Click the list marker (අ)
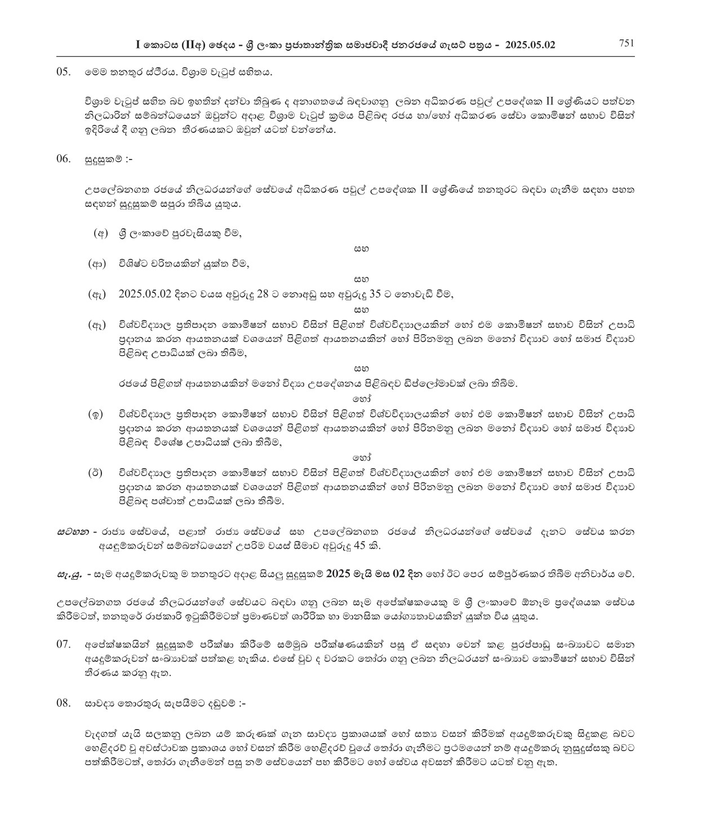pos(100,233)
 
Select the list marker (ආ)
pos(97,264)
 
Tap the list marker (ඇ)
pos(97,294)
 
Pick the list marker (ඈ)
pos(97,325)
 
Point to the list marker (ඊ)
pos(96,473)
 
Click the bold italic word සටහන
pos(74,531)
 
